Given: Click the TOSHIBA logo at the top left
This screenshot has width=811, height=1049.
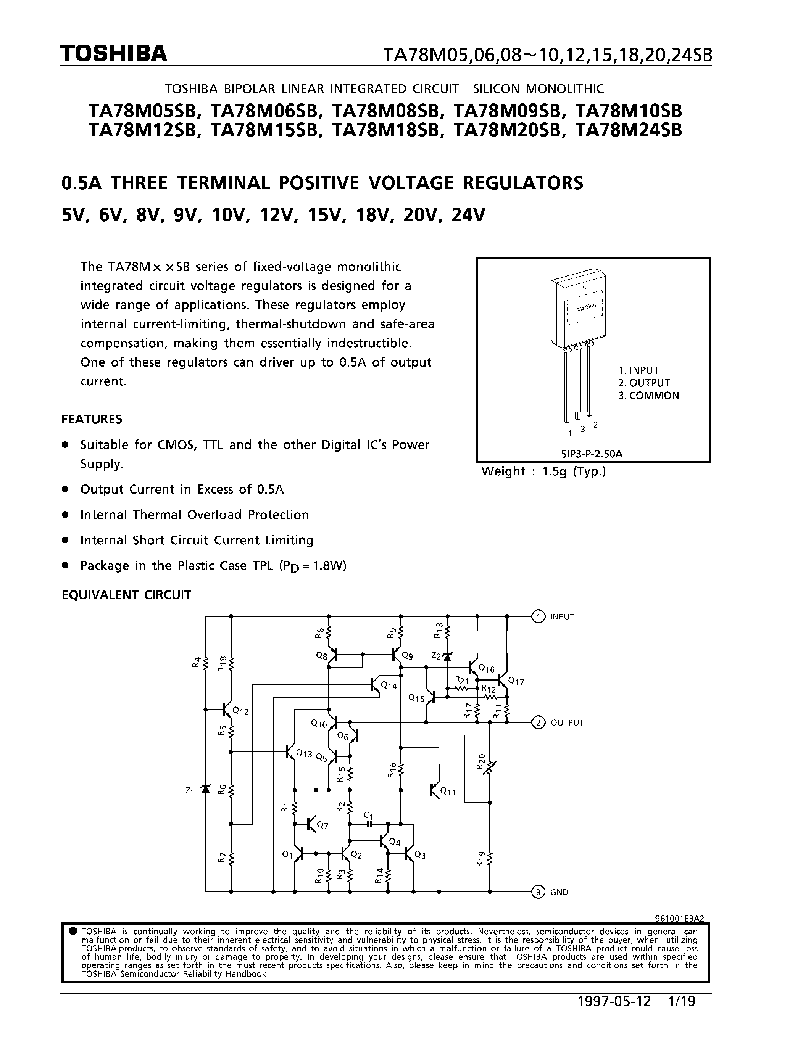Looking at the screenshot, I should (113, 54).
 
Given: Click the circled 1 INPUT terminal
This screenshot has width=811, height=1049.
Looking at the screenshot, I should (539, 616).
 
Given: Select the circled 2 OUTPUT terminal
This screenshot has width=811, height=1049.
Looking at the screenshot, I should (539, 722).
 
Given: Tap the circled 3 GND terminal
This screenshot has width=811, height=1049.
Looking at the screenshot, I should (539, 892).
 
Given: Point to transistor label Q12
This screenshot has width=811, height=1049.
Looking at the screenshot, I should (240, 711).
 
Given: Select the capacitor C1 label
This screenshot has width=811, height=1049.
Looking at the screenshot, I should (368, 815).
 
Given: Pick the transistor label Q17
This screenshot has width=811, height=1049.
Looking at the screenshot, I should (516, 681).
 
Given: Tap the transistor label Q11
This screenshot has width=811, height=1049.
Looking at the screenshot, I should (448, 791).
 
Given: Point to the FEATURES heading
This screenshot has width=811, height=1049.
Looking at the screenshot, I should (92, 419).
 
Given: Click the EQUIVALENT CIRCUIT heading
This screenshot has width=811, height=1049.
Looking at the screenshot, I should (126, 595).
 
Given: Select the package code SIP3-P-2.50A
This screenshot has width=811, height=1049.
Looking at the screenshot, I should (592, 454).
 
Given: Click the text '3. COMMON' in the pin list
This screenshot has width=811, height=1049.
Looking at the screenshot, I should (648, 395).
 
